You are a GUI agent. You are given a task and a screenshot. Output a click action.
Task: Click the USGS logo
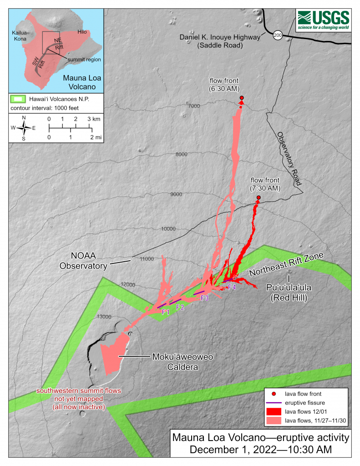point(323,20)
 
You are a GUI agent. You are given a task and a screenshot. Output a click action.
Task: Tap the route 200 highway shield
point(277,35)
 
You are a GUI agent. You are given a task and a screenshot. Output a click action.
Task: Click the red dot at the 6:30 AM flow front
point(242,98)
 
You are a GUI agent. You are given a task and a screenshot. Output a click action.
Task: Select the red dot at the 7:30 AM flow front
point(259,198)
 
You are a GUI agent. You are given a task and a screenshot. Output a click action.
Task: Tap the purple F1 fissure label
point(166,312)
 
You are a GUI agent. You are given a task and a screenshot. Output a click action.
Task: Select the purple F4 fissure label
point(232,287)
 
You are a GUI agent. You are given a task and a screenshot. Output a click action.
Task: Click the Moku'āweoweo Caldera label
point(177,362)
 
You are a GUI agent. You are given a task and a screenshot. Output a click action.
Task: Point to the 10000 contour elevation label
point(168,228)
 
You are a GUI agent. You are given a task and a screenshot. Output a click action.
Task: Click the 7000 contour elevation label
point(193,106)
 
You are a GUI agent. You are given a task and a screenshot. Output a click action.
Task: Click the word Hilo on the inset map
point(82,31)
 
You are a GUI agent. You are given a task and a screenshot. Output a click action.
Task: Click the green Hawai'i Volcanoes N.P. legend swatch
point(20,98)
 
